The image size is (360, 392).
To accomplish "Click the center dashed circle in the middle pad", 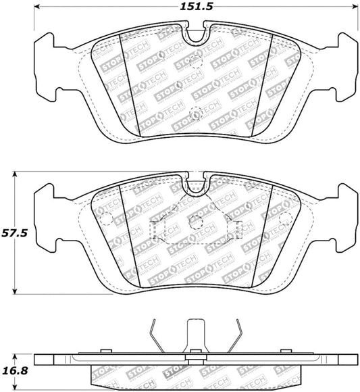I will [195, 222].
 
